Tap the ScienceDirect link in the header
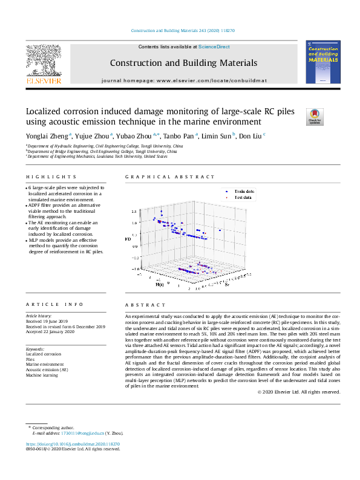coord(214,47)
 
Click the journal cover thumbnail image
coord(323,62)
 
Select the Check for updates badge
coord(315,116)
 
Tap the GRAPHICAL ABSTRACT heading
coord(169,177)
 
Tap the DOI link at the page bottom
coord(77,444)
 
